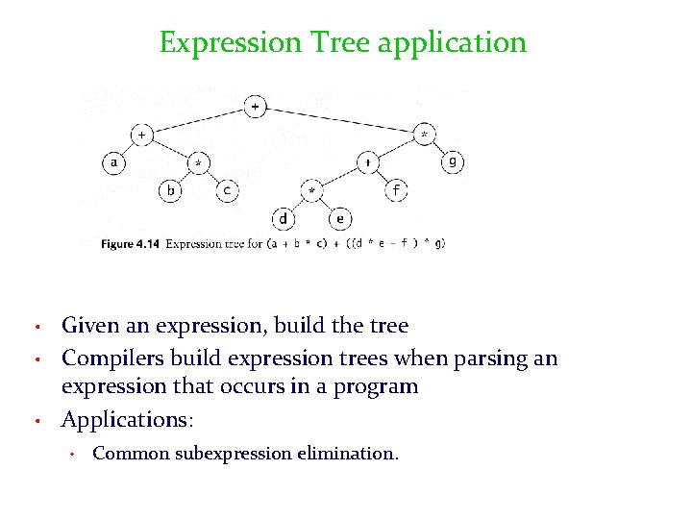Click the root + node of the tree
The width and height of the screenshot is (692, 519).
255,107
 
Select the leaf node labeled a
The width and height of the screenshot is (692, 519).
114,162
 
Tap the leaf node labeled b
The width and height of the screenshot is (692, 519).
171,190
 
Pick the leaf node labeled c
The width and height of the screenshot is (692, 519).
227,190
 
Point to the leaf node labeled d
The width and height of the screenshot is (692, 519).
284,219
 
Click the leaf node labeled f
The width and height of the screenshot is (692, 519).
397,190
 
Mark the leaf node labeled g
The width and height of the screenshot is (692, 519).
453,162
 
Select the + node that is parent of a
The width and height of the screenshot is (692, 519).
141,136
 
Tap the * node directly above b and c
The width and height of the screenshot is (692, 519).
199,163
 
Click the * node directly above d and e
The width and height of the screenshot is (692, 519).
311,191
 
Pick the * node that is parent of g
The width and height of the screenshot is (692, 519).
425,136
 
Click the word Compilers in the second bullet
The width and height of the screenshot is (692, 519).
108,358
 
